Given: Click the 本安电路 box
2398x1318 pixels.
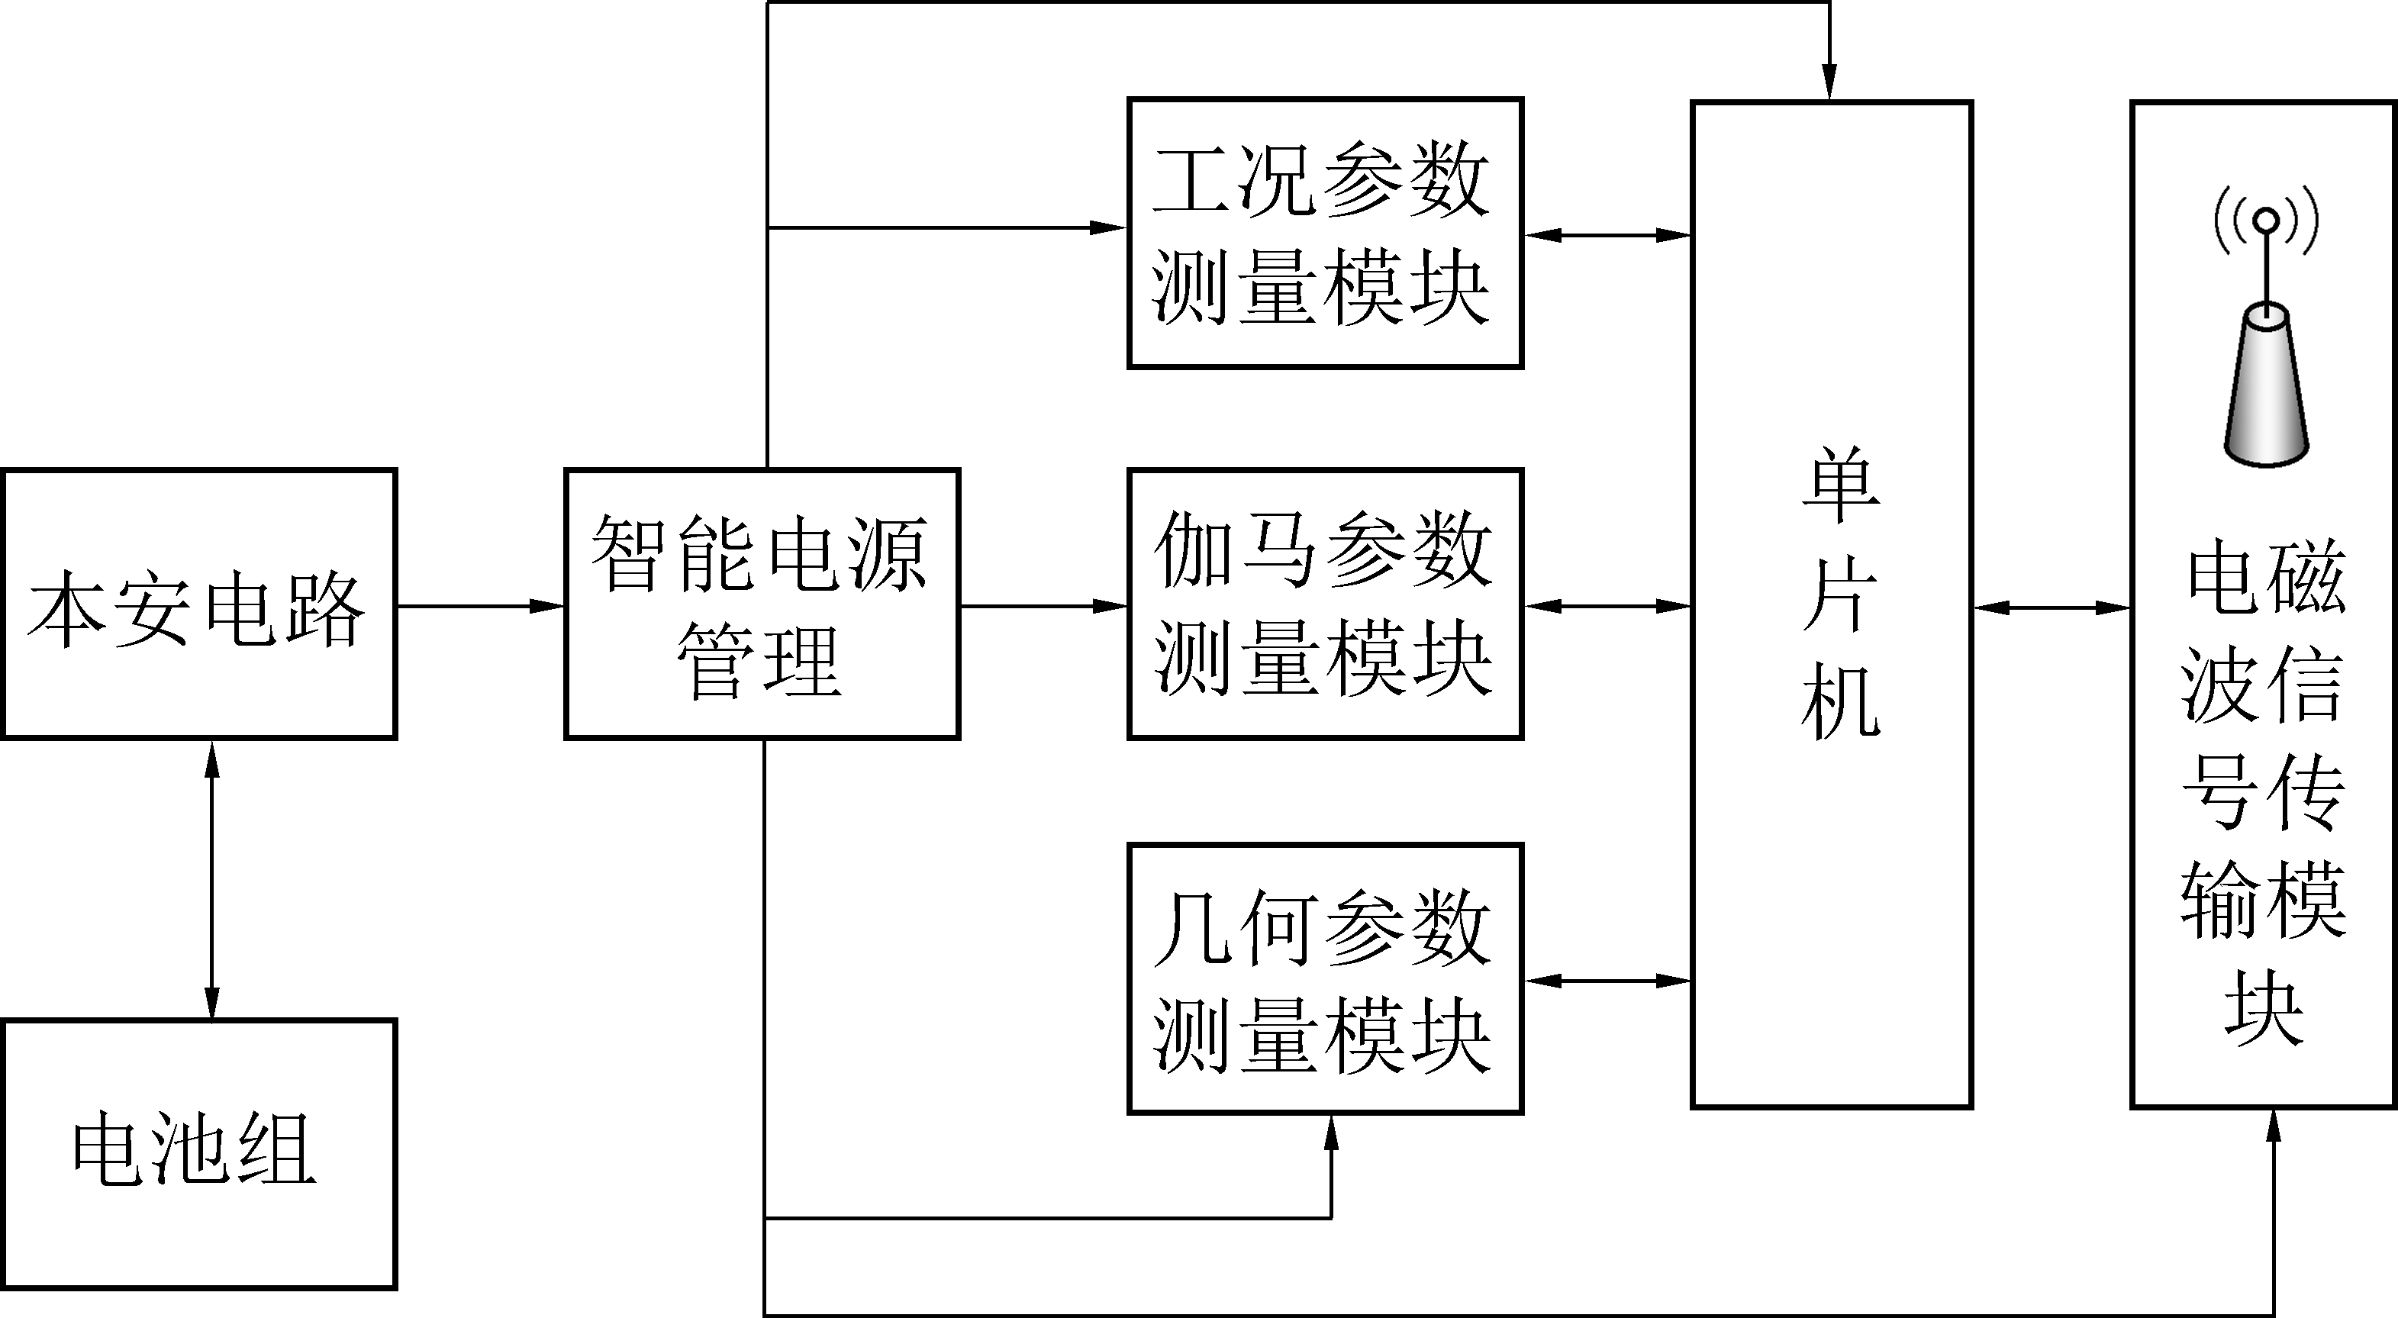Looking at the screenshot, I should (199, 604).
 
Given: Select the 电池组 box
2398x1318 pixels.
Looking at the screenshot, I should (199, 1153).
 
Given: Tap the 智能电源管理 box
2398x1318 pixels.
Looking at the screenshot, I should (762, 604).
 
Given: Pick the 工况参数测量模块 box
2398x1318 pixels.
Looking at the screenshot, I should (1325, 233).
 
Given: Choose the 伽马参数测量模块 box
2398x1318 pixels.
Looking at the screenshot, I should (1325, 604).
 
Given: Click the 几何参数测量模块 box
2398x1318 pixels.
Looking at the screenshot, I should (1325, 978).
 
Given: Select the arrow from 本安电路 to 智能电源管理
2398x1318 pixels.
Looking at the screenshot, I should (480, 606).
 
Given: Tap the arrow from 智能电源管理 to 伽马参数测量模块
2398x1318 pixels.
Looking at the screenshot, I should (1043, 606).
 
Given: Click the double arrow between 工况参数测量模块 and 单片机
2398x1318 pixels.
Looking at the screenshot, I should (1607, 236).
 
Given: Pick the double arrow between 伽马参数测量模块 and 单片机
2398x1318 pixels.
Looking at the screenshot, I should (1607, 606).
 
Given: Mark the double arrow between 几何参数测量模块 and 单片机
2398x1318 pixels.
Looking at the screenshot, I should (1607, 980).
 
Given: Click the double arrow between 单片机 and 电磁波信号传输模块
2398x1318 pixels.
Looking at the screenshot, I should (2052, 607).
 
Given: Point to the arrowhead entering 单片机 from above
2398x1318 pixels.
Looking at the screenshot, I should (1829, 84).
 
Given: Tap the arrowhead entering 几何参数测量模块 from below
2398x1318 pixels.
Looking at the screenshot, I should (1331, 1131).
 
